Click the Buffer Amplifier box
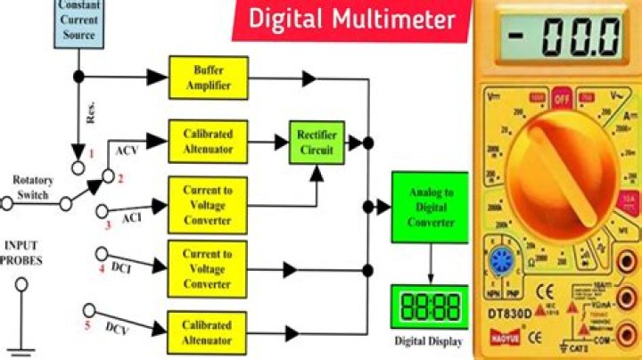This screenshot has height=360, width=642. [x=208, y=78]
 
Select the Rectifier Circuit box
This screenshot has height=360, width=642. [x=315, y=142]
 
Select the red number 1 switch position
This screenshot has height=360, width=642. [x=88, y=154]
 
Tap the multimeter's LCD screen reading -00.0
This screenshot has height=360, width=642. [x=559, y=37]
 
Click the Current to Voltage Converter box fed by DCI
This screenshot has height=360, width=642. [x=208, y=267]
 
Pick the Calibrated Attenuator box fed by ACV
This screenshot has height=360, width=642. [x=208, y=141]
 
